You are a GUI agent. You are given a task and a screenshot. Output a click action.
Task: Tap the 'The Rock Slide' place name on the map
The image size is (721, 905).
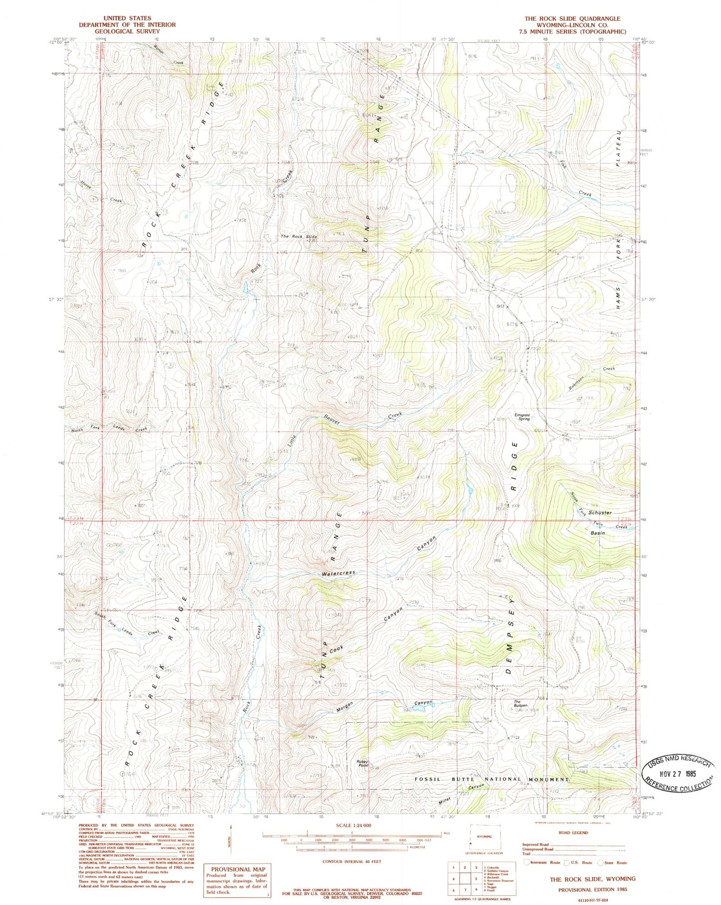click(x=299, y=236)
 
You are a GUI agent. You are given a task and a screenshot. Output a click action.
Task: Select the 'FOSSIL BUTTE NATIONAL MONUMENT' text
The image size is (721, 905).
click(x=492, y=779)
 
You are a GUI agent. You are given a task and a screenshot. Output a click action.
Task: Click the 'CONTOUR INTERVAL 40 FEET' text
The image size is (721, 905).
click(x=352, y=861)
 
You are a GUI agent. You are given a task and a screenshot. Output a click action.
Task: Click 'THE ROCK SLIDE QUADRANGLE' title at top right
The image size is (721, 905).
click(x=572, y=18)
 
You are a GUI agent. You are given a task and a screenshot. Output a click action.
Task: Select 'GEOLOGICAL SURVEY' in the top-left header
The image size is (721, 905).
click(x=127, y=31)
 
